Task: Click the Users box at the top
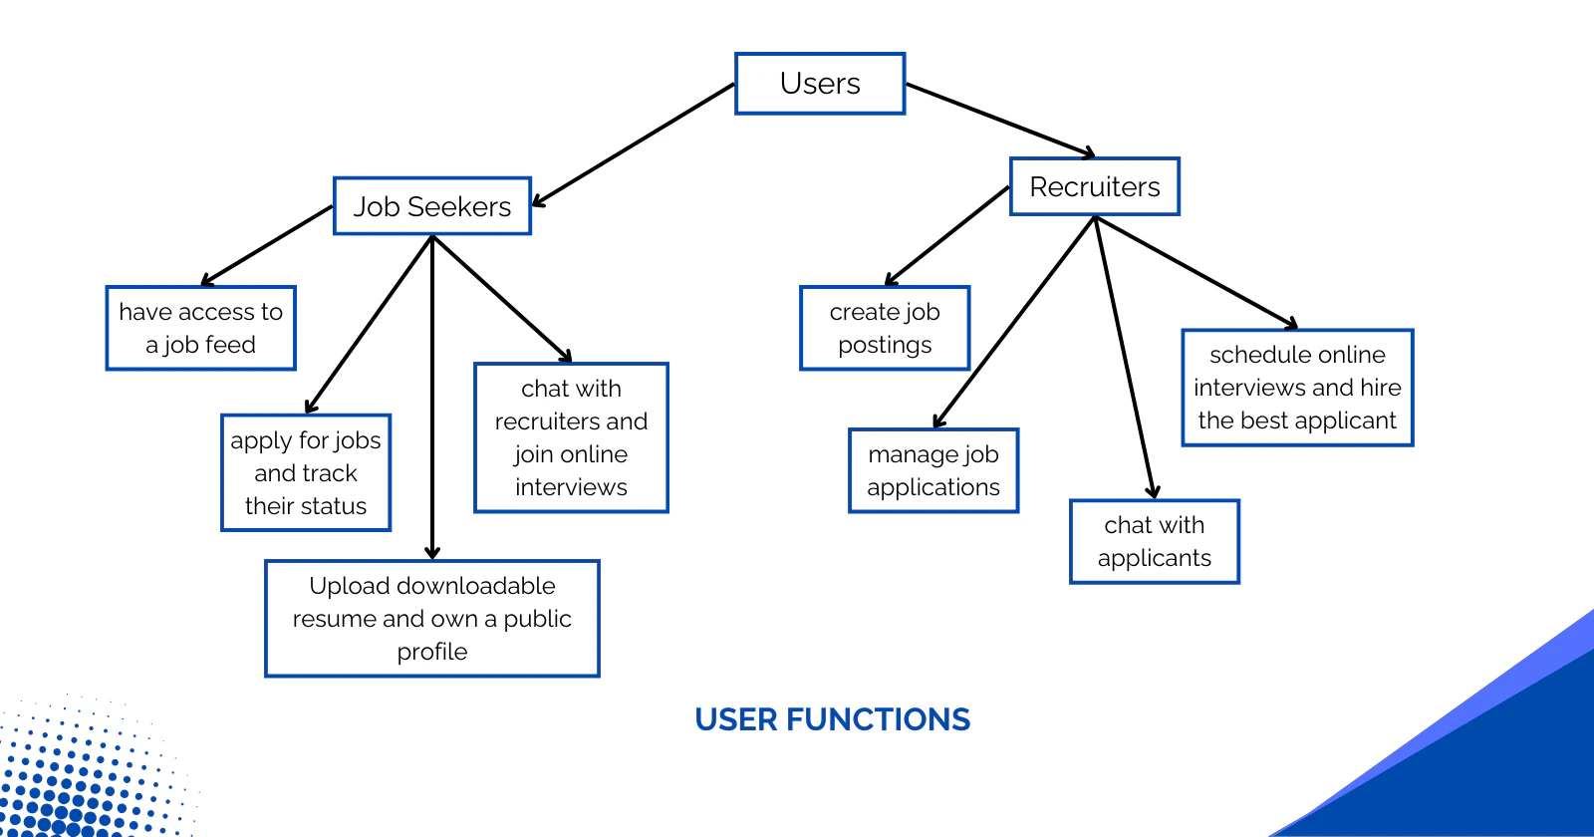pos(820,84)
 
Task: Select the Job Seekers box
pos(432,205)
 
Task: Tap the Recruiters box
pos(1095,186)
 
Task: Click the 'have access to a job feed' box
pos(200,328)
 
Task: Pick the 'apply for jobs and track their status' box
pos(306,472)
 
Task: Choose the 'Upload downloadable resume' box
pos(432,619)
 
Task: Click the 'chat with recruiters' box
pos(571,437)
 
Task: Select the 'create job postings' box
pos(885,328)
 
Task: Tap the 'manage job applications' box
pos(933,470)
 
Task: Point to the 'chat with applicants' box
pos(1155,542)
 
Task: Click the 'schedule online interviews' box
pos(1297,388)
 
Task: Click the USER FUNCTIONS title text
pos(833,719)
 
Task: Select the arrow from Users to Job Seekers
pos(634,145)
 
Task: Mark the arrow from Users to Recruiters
pos(1000,121)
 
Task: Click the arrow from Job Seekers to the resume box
pos(432,398)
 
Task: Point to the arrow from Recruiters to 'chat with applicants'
pos(1125,358)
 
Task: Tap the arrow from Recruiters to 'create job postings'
pos(947,235)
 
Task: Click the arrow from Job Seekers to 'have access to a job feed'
pos(267,245)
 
